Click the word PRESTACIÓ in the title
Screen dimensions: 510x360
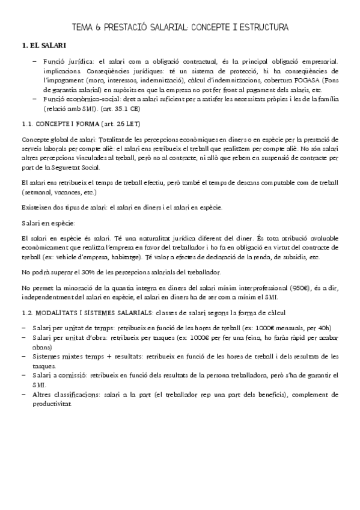(x=123, y=27)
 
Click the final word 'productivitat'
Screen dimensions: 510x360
(x=62, y=404)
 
